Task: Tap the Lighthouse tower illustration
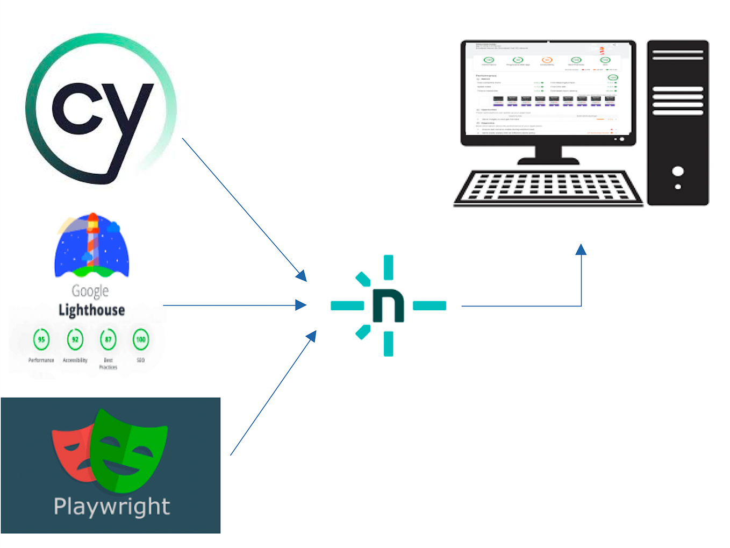pos(92,242)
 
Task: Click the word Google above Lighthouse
pos(90,291)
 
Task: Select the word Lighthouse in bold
pos(91,310)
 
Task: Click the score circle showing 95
pos(41,339)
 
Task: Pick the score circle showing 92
pos(75,339)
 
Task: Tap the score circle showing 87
pos(108,339)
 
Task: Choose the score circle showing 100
pos(140,339)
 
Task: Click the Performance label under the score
pos(41,360)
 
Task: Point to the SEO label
pos(140,360)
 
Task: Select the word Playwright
pos(112,507)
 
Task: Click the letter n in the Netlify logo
pos(388,306)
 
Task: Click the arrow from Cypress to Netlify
pos(242,207)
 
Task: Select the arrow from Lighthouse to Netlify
pos(231,305)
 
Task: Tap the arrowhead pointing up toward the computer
pos(581,250)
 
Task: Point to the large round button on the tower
pos(678,171)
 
